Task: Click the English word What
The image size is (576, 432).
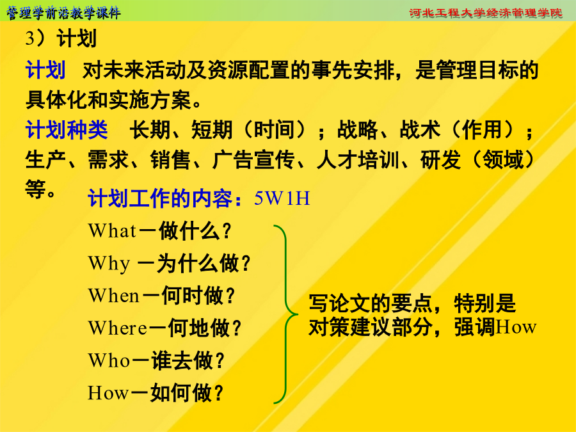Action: tap(112, 231)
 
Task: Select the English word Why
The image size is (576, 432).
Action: tap(109, 264)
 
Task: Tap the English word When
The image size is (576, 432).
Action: tap(113, 296)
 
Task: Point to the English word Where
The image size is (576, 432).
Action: tap(118, 328)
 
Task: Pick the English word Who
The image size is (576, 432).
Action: tap(109, 360)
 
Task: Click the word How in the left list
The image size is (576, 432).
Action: tap(108, 392)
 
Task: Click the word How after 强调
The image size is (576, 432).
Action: tap(516, 327)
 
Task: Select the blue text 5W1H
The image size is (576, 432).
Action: tap(282, 198)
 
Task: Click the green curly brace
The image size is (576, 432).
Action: tap(286, 314)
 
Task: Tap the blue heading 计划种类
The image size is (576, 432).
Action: tap(67, 130)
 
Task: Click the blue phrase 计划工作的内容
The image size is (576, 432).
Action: tap(160, 199)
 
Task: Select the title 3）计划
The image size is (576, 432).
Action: tap(61, 38)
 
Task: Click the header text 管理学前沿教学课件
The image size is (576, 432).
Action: tap(63, 13)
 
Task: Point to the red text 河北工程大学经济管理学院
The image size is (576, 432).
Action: tap(486, 13)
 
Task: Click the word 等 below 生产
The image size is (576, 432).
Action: tap(36, 189)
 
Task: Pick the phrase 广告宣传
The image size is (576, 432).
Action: tap(253, 160)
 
